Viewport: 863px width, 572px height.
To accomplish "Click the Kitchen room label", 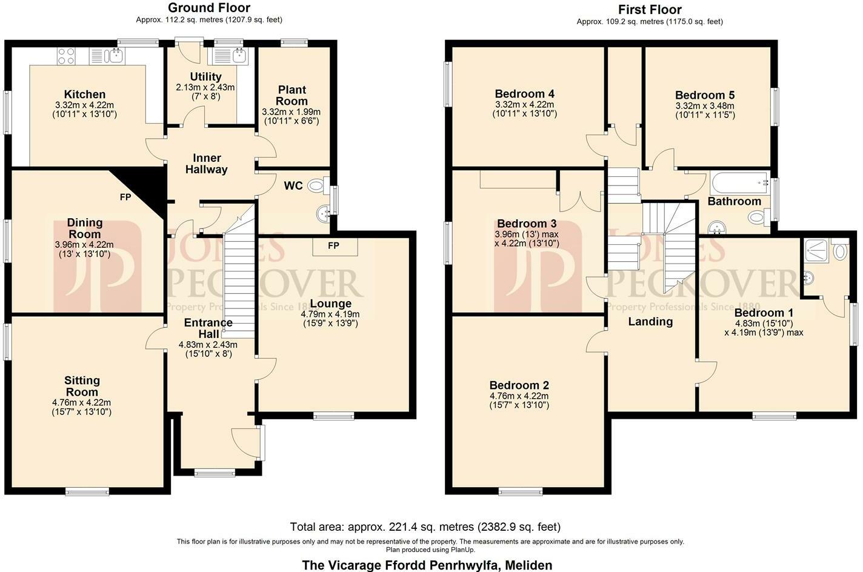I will tap(85, 95).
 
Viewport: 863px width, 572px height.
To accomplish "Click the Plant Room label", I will tap(292, 95).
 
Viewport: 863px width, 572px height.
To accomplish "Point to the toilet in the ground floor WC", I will tap(316, 186).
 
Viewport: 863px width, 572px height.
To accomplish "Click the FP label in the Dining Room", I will tap(125, 197).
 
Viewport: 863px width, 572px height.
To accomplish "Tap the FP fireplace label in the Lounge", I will tap(333, 245).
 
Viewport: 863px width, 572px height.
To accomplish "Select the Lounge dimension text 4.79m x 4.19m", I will tap(330, 314).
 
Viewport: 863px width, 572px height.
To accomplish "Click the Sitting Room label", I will tap(82, 386).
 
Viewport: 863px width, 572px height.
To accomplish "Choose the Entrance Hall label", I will tap(208, 328).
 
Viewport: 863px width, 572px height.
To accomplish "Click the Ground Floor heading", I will tap(209, 8).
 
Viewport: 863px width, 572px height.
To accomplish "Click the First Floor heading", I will tap(650, 10).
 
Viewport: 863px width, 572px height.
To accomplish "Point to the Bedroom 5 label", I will tap(705, 95).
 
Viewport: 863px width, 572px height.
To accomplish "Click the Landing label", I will tap(650, 321).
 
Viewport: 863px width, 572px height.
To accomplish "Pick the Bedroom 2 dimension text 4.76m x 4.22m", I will tap(519, 396).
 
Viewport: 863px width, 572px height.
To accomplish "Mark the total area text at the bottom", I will tap(425, 527).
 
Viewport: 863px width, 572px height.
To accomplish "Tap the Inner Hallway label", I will tap(206, 164).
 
